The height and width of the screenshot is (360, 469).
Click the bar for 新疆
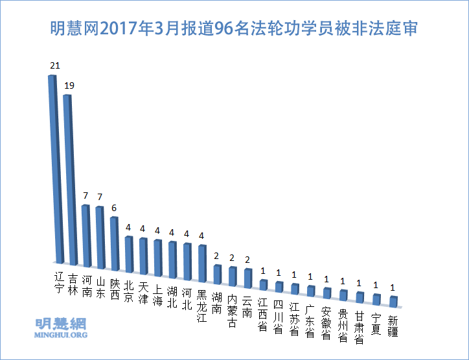[393, 301]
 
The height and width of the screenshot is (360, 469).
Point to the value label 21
[54, 66]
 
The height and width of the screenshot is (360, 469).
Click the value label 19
[69, 85]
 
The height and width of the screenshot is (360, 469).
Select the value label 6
[115, 208]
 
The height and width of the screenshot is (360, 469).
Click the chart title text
[234, 29]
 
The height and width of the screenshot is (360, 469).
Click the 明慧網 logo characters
[60, 324]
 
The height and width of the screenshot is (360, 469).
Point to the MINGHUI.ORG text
[60, 335]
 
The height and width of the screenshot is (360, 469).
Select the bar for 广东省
[311, 291]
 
